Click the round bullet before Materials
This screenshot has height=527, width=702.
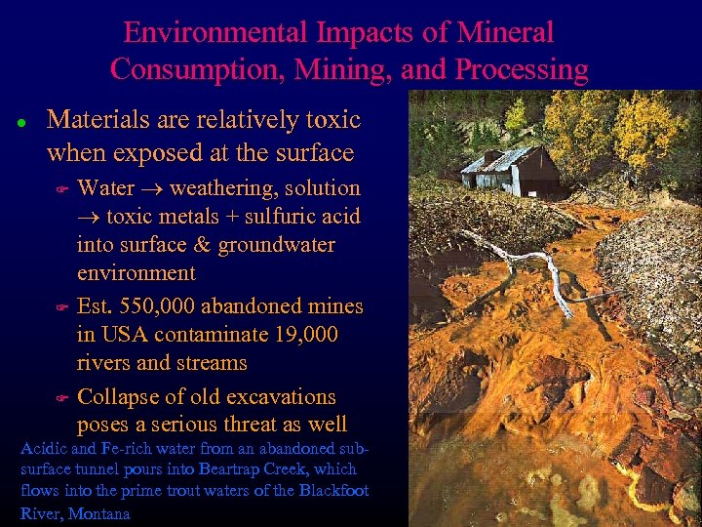pyautogui.click(x=21, y=123)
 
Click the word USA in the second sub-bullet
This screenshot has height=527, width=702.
pyautogui.click(x=122, y=335)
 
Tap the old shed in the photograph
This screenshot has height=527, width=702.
pyautogui.click(x=512, y=171)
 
